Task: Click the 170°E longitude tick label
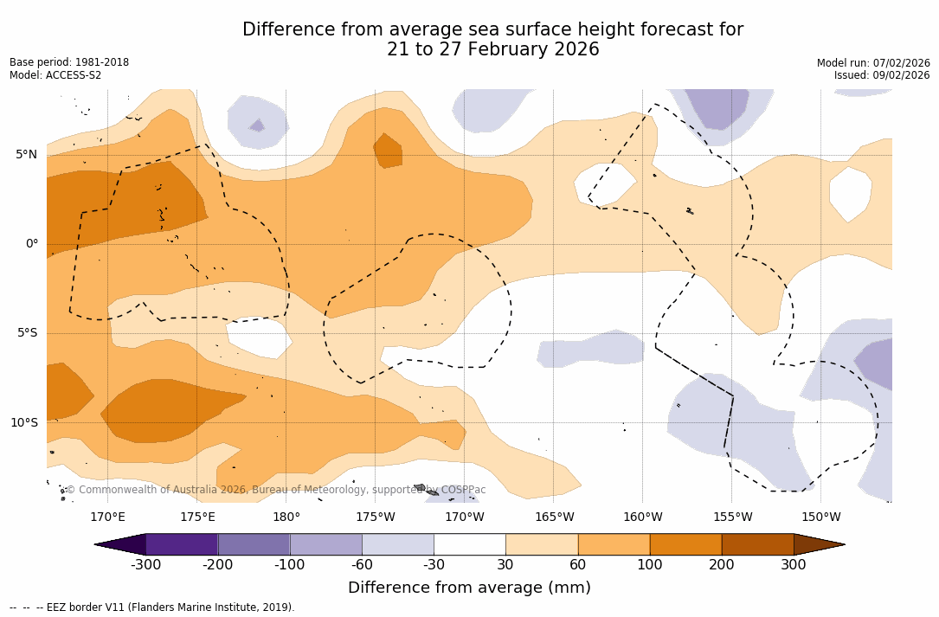[x=107, y=517]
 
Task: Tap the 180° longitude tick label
[x=286, y=517]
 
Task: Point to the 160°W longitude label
[x=642, y=517]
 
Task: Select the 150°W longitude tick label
[x=820, y=517]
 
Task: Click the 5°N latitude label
[x=26, y=155]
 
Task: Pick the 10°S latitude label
[x=23, y=423]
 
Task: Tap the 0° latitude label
[x=31, y=244]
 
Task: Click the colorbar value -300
[x=146, y=565]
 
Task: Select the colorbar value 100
[x=649, y=565]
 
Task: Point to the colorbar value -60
[x=362, y=565]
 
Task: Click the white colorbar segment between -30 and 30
[x=469, y=544]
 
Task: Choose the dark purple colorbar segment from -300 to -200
[x=182, y=544]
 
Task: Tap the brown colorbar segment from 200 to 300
[x=757, y=544]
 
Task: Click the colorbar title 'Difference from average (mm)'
[x=469, y=588]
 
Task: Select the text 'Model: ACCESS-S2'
[x=55, y=75]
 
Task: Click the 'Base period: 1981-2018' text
[x=69, y=62]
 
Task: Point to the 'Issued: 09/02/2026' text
[x=882, y=75]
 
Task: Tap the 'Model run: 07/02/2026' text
[x=873, y=62]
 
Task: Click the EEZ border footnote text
[x=152, y=607]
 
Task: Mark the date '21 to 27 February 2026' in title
[x=492, y=49]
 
